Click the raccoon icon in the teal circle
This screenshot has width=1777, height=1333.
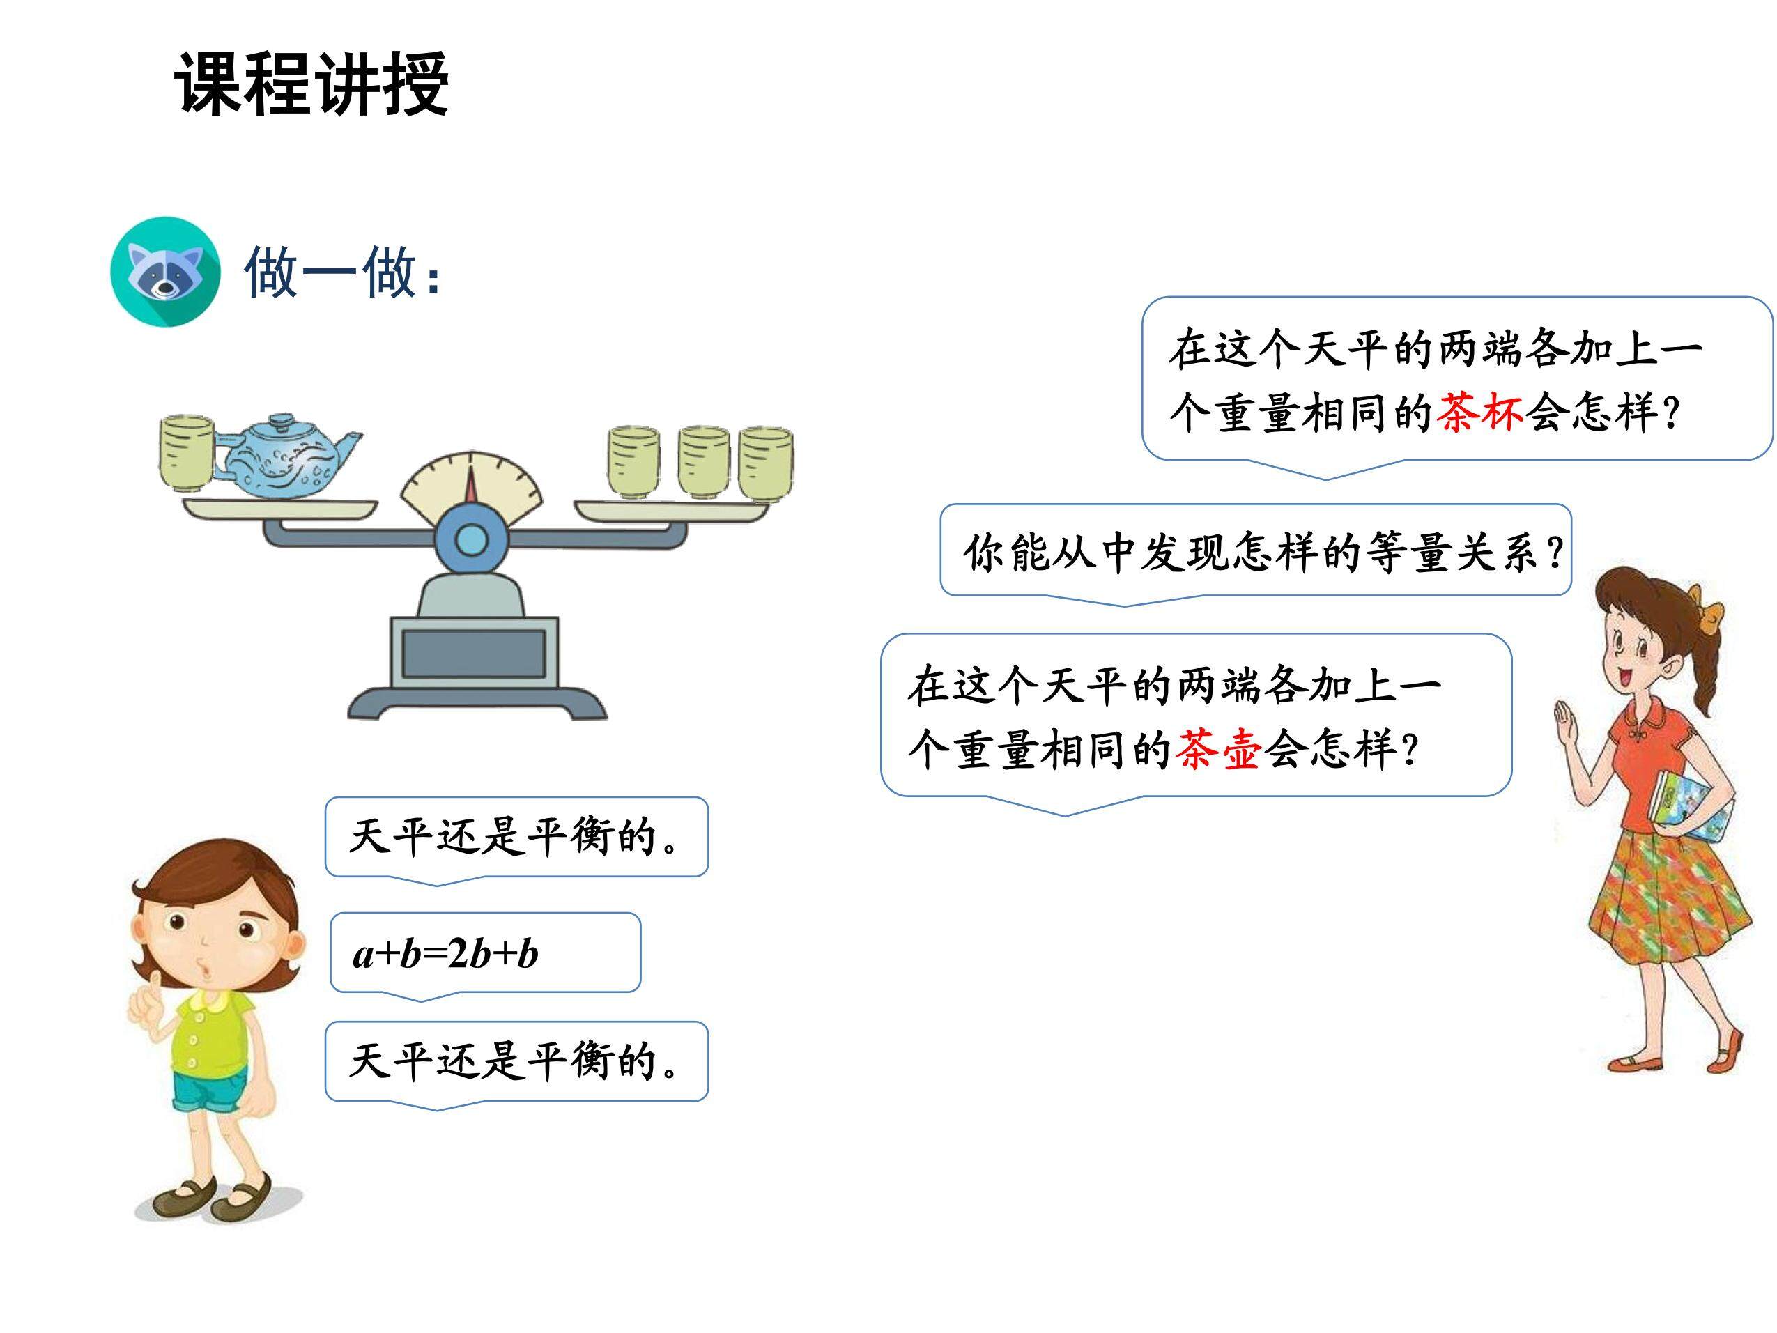pyautogui.click(x=164, y=271)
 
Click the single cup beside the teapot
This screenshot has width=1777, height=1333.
pyautogui.click(x=185, y=453)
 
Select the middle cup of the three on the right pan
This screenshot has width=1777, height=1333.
pyautogui.click(x=704, y=463)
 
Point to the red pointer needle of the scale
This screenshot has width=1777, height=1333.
pyautogui.click(x=472, y=488)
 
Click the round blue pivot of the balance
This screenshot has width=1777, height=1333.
pyautogui.click(x=471, y=541)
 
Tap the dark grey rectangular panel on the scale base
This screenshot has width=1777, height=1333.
pyautogui.click(x=474, y=653)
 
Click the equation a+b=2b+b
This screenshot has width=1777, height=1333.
pyautogui.click(x=446, y=955)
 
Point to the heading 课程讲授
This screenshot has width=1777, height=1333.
pyautogui.click(x=311, y=84)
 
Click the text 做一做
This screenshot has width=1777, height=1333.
pyautogui.click(x=330, y=272)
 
